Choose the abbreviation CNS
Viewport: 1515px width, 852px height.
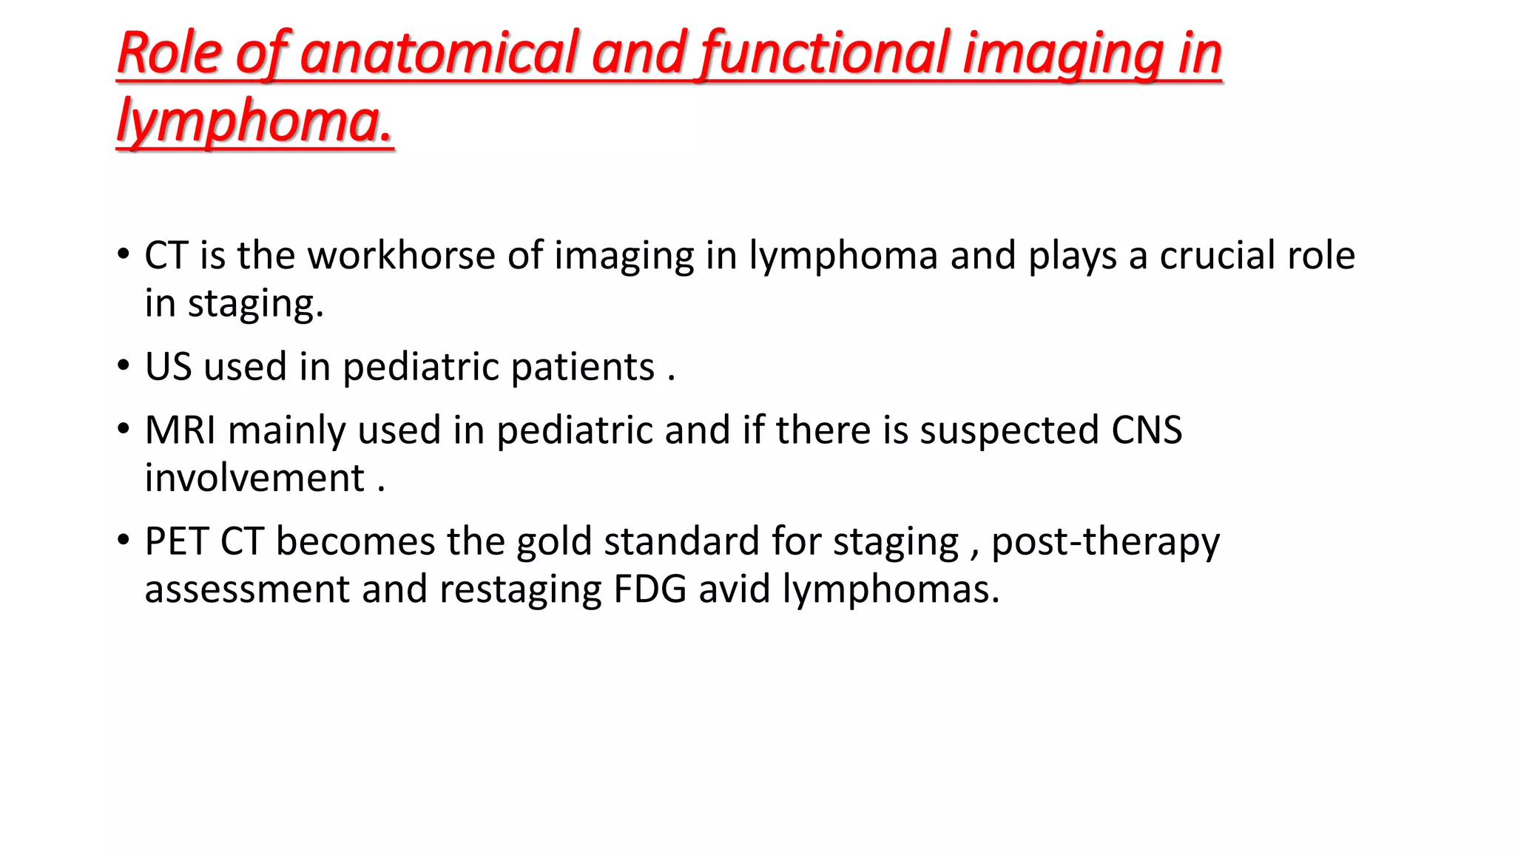click(x=1147, y=430)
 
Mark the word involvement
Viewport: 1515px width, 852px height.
click(x=254, y=478)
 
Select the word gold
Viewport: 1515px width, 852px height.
click(x=554, y=541)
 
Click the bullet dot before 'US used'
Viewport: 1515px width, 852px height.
click(x=124, y=365)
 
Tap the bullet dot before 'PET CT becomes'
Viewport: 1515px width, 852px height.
click(x=124, y=540)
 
